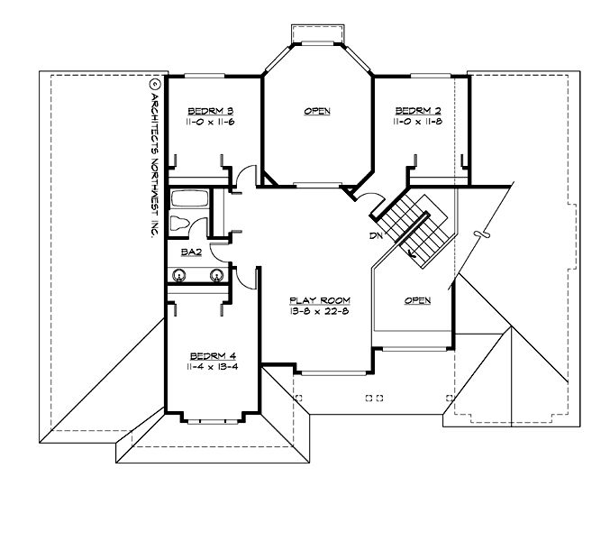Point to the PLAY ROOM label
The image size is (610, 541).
click(x=319, y=299)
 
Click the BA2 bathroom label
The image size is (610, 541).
click(x=190, y=252)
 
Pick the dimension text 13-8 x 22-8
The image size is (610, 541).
click(x=319, y=311)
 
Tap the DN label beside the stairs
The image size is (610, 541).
click(x=377, y=235)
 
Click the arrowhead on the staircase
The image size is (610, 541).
click(x=414, y=255)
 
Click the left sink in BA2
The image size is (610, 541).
click(x=180, y=277)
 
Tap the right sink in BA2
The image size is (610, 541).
click(x=216, y=277)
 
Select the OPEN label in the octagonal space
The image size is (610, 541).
click(x=317, y=112)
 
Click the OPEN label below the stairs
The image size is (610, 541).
click(x=417, y=300)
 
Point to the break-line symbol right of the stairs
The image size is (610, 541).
click(x=485, y=233)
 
